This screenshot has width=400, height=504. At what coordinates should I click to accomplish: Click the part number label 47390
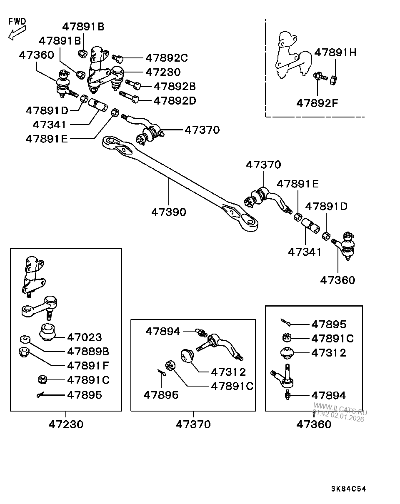point(168,212)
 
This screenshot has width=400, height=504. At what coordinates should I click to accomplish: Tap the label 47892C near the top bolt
point(167,58)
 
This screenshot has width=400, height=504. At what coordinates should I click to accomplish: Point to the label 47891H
point(335,52)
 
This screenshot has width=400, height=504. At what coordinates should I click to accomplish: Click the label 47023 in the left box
point(85,337)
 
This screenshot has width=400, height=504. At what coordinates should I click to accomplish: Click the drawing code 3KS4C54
point(348,489)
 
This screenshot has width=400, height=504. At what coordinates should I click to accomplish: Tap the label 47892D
point(175,101)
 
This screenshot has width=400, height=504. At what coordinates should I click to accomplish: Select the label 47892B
point(175,87)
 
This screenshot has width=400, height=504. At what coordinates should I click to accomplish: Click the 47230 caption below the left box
point(66,424)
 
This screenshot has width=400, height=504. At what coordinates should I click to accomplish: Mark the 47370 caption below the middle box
point(193,424)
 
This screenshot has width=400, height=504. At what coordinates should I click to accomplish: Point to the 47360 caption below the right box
point(314,424)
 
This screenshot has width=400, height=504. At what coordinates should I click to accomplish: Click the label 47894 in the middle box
point(162,332)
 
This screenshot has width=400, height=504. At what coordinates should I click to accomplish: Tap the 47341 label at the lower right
point(305,252)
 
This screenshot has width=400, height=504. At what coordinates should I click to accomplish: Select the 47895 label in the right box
point(329,324)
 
